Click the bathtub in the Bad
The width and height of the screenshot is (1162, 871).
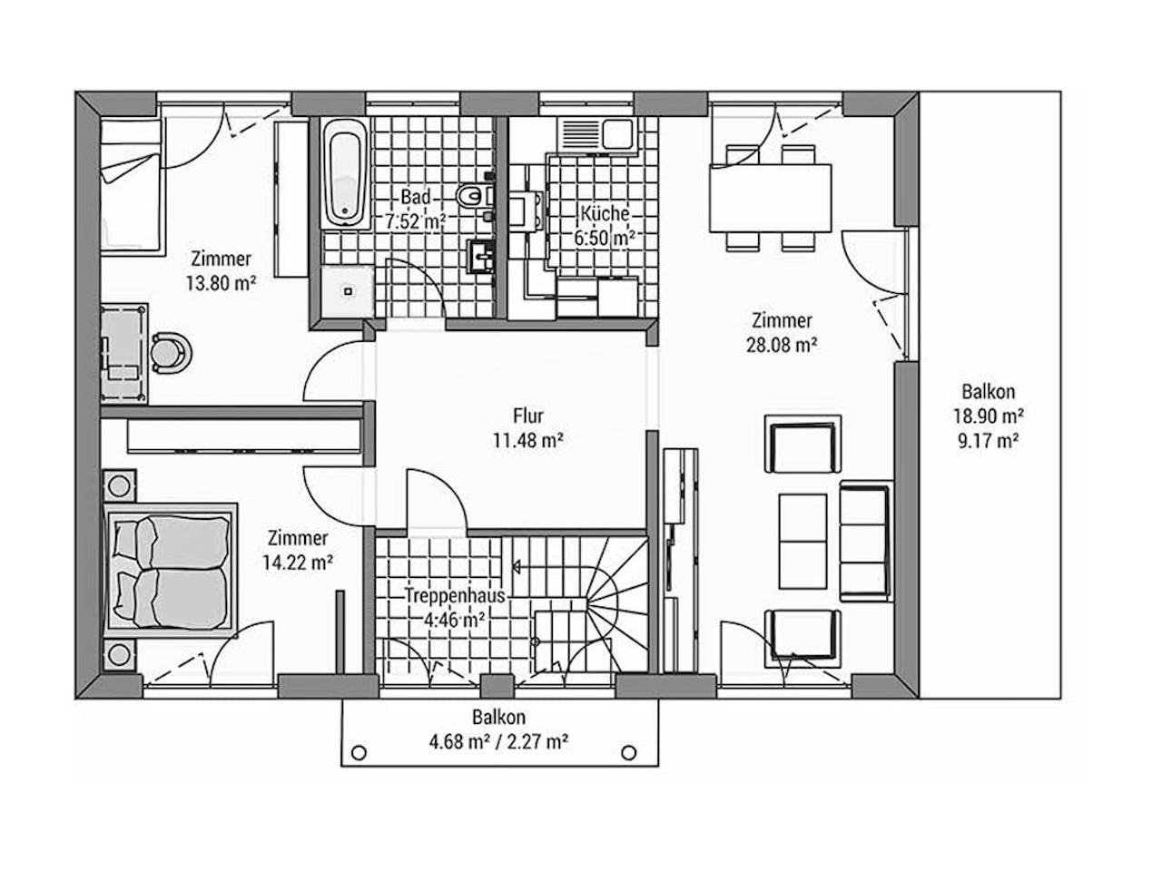click(x=345, y=173)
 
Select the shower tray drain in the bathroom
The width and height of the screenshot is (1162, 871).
click(x=349, y=291)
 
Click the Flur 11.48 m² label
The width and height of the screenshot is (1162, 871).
click(x=528, y=428)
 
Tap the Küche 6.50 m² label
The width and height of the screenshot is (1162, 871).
click(x=605, y=226)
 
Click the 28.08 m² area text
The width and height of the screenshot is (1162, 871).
click(x=782, y=346)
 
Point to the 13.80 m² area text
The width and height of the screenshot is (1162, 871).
click(x=221, y=283)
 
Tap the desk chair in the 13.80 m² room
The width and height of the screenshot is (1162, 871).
click(x=171, y=353)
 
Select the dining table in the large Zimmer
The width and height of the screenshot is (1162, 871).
click(x=770, y=198)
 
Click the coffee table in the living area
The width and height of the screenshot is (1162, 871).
click(x=803, y=541)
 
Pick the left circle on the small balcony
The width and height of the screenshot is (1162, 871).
click(x=359, y=752)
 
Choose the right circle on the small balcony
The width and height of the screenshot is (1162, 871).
click(x=628, y=752)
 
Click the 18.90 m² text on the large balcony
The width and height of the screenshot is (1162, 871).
click(x=989, y=416)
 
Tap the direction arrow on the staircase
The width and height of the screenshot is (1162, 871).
click(x=517, y=567)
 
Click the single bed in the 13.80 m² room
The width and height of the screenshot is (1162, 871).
click(x=131, y=187)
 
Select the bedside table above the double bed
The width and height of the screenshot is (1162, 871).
click(x=120, y=484)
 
